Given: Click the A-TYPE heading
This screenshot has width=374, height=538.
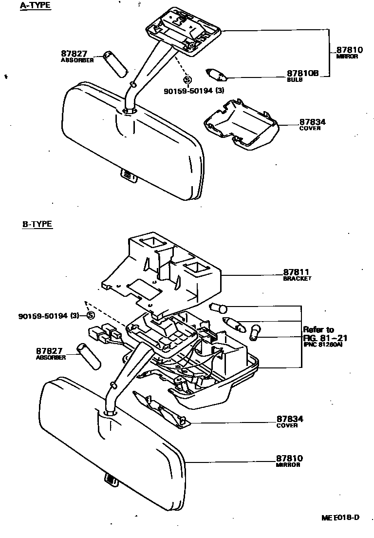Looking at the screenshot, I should coord(35,6).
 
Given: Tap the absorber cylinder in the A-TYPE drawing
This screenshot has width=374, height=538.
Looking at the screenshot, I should coord(115,64).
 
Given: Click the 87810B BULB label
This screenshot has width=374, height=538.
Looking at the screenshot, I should coord(302,74).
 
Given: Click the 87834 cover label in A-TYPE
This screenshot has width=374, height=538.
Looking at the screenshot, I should coord(312,123).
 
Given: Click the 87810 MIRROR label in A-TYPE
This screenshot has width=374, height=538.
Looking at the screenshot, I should coord(347,51).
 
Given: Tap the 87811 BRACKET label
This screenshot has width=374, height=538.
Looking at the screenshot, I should coord(297,273).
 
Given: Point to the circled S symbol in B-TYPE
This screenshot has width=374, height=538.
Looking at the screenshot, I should coord(91,315).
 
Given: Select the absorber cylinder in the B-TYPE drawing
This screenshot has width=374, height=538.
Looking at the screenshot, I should coord(89,356).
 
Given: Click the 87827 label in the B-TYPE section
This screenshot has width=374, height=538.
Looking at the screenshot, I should coord(49,351).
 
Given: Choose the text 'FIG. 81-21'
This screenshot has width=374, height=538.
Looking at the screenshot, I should coord(324,337).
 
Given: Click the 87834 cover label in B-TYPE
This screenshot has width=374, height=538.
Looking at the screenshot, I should coord(290,419).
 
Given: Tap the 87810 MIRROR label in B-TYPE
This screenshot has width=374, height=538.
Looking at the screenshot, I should coord(289,459).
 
